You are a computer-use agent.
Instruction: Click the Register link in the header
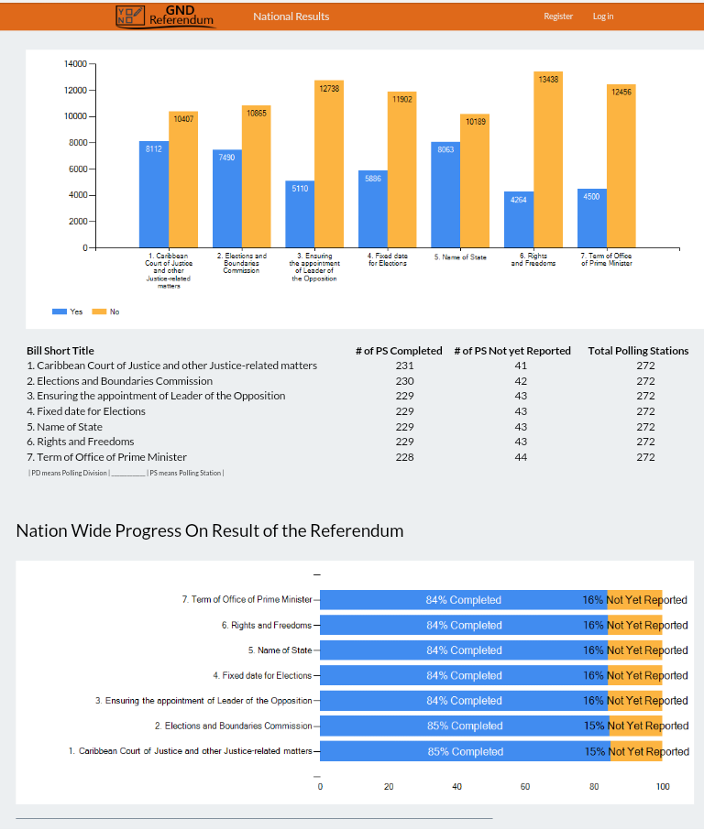[557, 16]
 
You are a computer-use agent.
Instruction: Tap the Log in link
[603, 16]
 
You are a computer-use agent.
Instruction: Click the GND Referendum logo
[166, 16]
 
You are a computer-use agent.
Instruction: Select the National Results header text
[291, 16]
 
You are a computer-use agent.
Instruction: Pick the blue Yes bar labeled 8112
[153, 194]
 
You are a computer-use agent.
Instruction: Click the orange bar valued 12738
[329, 164]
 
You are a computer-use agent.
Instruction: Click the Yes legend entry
[68, 311]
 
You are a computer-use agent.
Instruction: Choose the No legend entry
[106, 311]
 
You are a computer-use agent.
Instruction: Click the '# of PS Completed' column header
[398, 351]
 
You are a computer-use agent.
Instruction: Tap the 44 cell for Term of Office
[521, 457]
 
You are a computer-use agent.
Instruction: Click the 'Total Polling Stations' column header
[638, 351]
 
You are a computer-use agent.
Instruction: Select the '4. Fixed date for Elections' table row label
[86, 411]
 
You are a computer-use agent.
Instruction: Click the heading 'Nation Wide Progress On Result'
[210, 530]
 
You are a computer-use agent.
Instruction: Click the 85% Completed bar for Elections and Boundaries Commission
[465, 726]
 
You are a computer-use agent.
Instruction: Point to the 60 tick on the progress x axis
[525, 786]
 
